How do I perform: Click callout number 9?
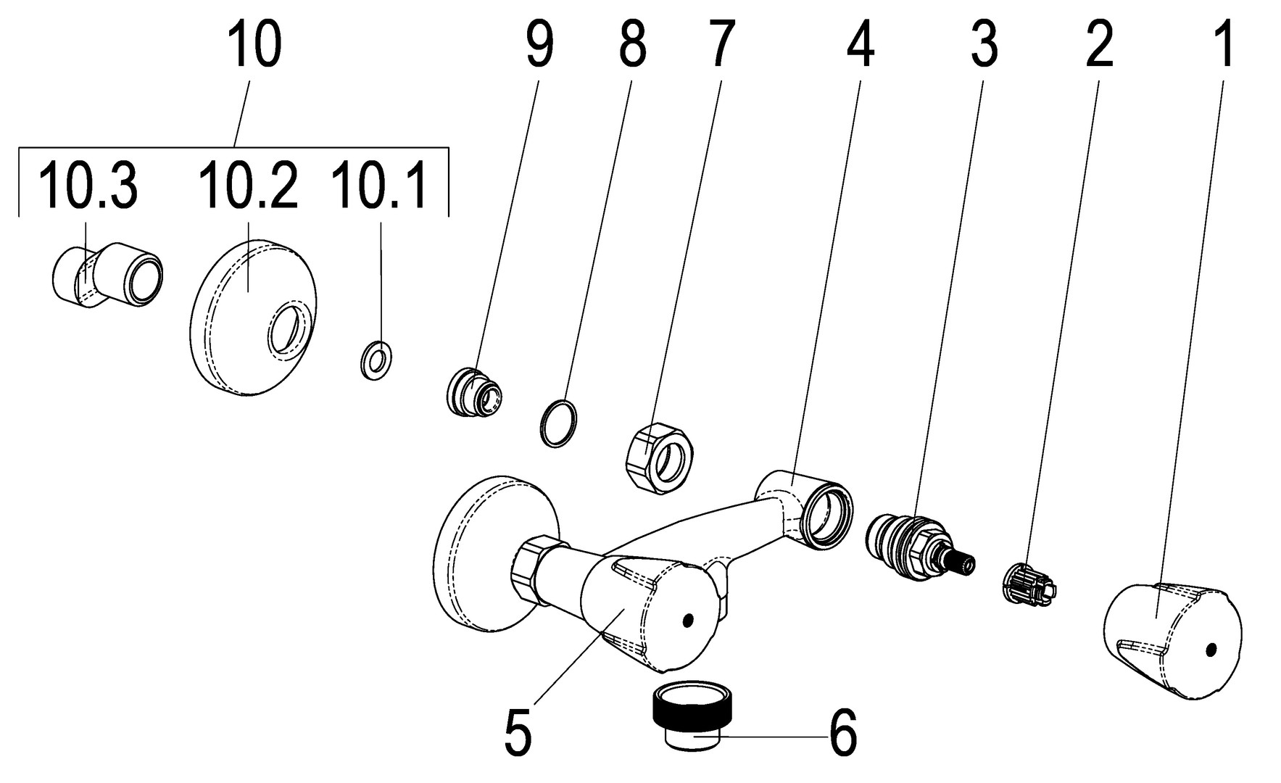539,45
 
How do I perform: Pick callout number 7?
721,45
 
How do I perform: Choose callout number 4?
860,45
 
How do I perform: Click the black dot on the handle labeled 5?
687,620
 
